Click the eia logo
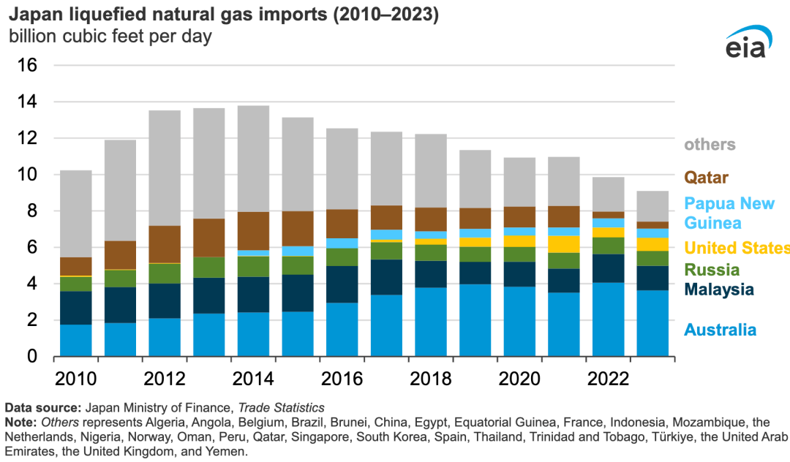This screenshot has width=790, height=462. click(745, 45)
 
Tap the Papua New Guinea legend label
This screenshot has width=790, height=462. click(729, 213)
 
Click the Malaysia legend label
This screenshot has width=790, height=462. click(719, 289)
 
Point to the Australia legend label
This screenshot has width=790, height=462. click(720, 330)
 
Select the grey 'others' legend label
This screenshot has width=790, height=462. click(709, 144)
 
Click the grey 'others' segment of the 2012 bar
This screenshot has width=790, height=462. click(159, 168)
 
